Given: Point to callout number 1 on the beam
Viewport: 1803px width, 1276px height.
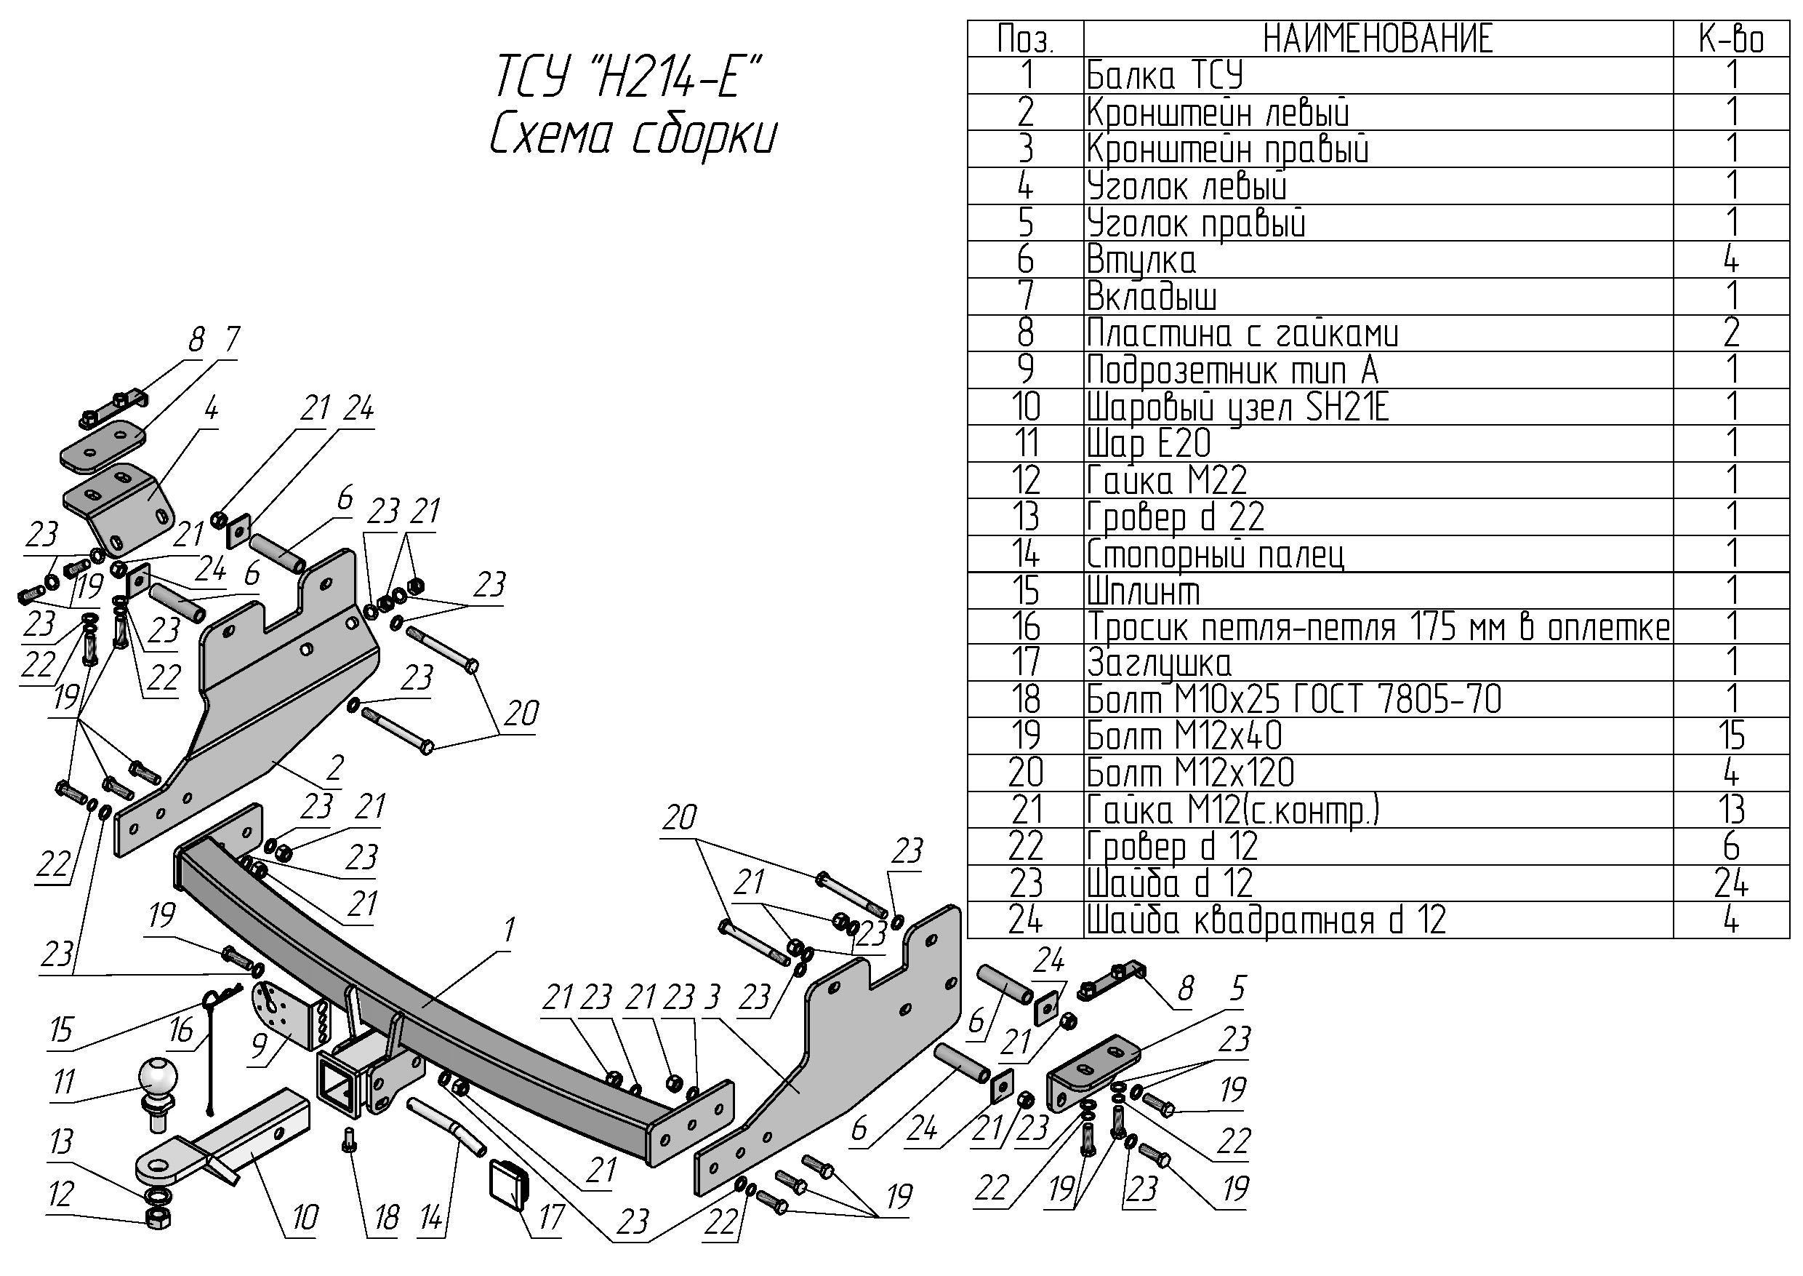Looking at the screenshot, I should [509, 930].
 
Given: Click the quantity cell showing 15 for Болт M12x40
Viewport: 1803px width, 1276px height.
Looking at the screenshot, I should [1731, 736].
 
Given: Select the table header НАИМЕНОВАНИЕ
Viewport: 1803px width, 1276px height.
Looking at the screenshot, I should [1378, 39].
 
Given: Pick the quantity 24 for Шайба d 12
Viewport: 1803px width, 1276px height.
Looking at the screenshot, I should [1731, 883].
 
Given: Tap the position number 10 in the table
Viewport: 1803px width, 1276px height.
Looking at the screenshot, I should [1025, 407].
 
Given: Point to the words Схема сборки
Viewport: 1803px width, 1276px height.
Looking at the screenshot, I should [633, 137].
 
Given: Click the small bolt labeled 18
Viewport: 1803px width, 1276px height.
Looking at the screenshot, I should [350, 1139].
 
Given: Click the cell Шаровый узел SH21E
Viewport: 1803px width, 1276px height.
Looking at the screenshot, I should [1237, 407].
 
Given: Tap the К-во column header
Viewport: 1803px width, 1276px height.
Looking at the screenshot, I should [1731, 39].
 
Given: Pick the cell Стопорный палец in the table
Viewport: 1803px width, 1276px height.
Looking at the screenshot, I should [1215, 554].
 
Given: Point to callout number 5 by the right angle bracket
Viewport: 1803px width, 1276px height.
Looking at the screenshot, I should [1237, 989].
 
